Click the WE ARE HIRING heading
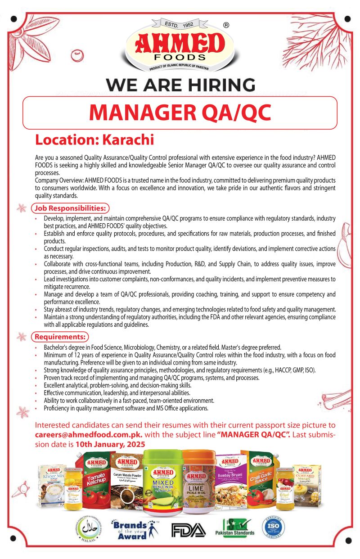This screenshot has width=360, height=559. click(180, 85)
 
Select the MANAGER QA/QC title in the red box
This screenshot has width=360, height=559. click(180, 113)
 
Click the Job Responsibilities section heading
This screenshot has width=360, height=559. click(71, 208)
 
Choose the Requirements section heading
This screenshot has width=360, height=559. click(60, 336)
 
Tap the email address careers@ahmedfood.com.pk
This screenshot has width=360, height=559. click(89, 435)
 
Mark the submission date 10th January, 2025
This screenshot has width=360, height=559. click(110, 444)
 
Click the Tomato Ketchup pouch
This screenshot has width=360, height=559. click(95, 479)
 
